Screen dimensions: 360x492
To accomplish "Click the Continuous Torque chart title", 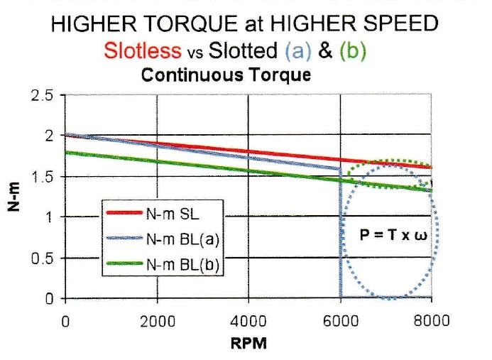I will coord(226,75).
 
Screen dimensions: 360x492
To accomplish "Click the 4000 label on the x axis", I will coord(248,320).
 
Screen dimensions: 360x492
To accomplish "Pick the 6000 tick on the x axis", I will coord(341,320).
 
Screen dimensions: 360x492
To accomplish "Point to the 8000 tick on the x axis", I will coord(432,320).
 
